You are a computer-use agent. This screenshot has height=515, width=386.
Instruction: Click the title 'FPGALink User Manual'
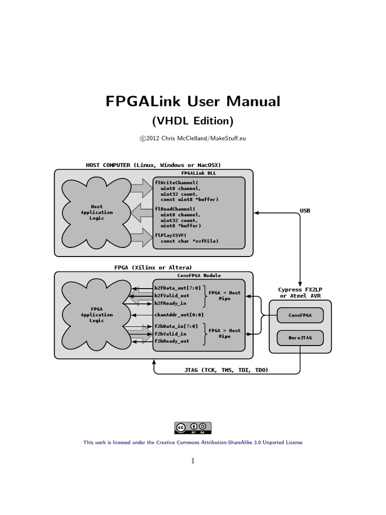coord(192,101)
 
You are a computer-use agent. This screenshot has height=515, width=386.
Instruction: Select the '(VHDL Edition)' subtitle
coord(192,121)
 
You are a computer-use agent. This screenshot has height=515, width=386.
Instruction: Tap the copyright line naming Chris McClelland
coord(192,138)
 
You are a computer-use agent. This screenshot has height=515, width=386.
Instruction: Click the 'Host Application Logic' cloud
coord(96,212)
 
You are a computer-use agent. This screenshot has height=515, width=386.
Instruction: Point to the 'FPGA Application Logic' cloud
coord(96,315)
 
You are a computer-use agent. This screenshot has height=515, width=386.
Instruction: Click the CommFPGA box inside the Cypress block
coord(300,315)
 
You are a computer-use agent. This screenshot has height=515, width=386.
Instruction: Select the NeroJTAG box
coord(300,338)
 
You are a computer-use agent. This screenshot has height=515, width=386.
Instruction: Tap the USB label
coord(305,211)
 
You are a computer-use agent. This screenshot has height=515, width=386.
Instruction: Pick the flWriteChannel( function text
coord(176,182)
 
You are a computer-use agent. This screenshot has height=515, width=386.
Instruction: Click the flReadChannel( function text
coord(175,208)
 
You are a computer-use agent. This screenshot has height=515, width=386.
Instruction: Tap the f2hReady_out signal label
coord(172,341)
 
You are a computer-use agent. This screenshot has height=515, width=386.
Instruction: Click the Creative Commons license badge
coord(193,428)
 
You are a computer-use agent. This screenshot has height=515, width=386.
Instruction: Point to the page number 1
coord(192,461)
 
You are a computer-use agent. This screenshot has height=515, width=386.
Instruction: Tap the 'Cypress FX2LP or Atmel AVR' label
coord(300,292)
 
